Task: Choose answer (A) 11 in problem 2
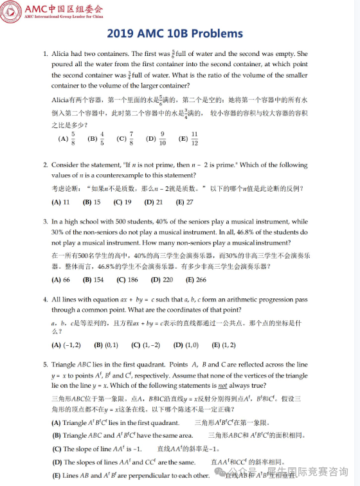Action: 60,202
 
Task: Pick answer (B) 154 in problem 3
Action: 93,280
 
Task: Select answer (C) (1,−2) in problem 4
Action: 145,345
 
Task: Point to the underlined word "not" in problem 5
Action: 222,386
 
